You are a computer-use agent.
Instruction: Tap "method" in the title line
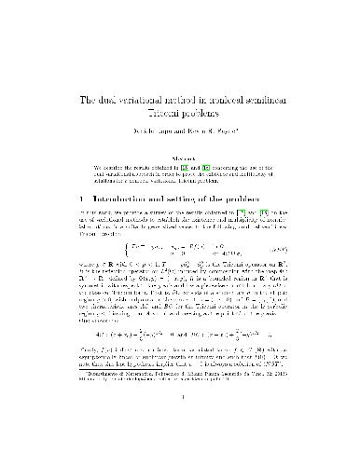tap(189, 101)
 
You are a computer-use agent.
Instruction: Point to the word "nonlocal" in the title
tap(242, 101)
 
